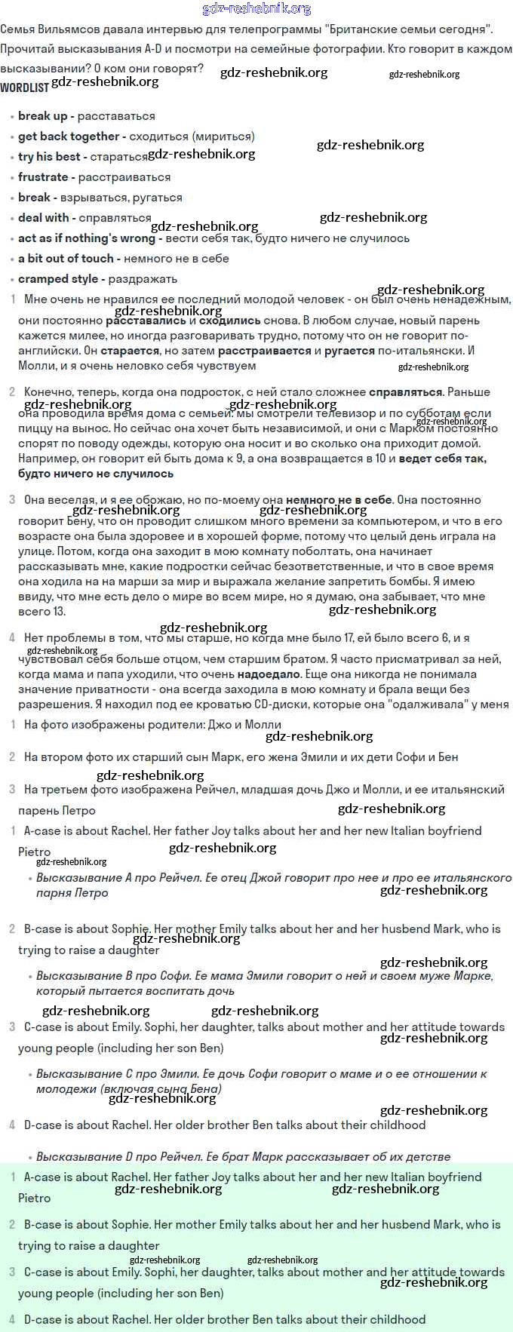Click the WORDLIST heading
pyautogui.click(x=24, y=87)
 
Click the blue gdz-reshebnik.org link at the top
pyautogui.click(x=256, y=9)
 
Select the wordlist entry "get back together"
pyautogui.click(x=69, y=137)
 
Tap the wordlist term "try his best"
pyautogui.click(x=49, y=157)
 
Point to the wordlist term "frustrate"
pyautogui.click(x=43, y=177)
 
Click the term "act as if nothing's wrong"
pyautogui.click(x=86, y=238)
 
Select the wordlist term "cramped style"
pyautogui.click(x=58, y=279)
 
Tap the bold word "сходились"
pyautogui.click(x=229, y=321)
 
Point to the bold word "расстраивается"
pyautogui.click(x=264, y=351)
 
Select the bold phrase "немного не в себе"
pyautogui.click(x=339, y=500)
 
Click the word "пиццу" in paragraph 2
pyautogui.click(x=35, y=428)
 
